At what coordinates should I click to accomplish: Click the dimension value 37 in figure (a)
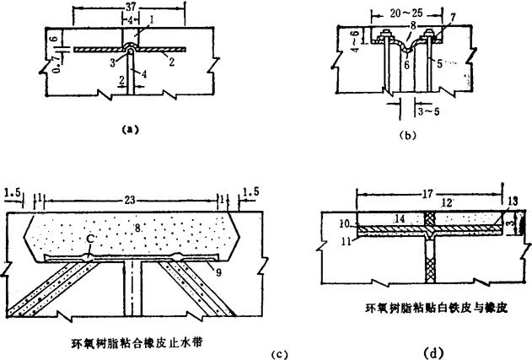128,8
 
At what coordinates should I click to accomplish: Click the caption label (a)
128,130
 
